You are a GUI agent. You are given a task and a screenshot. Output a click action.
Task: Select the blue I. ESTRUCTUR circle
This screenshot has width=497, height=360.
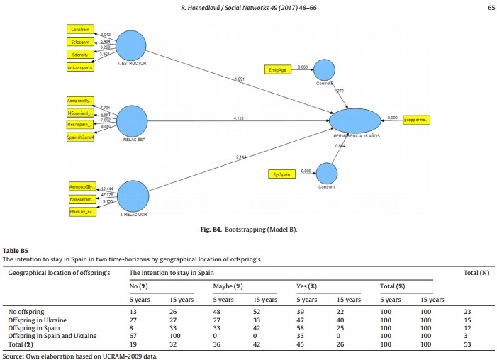coord(135,45)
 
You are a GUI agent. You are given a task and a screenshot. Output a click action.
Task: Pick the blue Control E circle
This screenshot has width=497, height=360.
coord(324,69)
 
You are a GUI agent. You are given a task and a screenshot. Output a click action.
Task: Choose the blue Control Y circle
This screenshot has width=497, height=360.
coord(325,173)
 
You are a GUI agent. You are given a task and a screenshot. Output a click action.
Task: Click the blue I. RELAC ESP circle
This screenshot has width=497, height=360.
coord(136,120)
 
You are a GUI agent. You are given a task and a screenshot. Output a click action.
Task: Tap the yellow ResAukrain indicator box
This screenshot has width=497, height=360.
coord(81,200)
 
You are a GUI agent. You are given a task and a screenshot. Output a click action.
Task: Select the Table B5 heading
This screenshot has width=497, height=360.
coord(15,251)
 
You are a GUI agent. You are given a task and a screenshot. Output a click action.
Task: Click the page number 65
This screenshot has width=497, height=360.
coord(491,8)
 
